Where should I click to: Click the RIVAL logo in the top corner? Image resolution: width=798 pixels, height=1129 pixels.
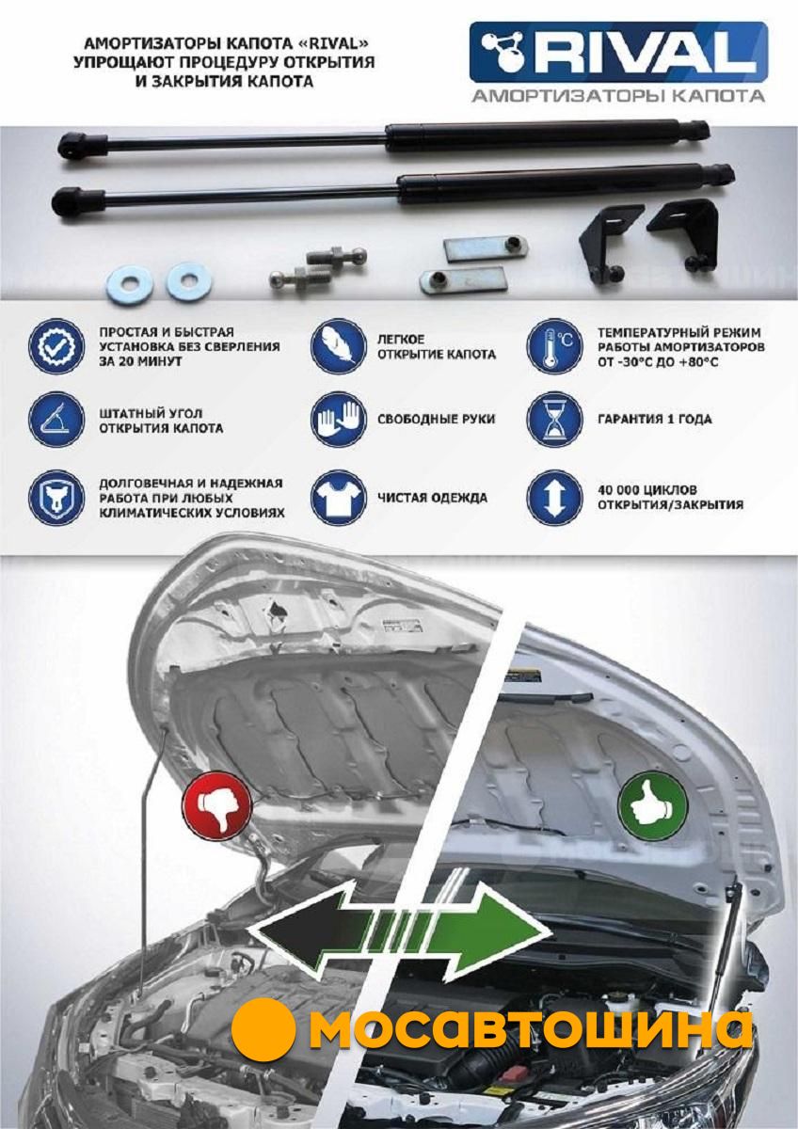pyautogui.click(x=618, y=52)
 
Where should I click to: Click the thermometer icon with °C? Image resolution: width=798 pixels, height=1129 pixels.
pyautogui.click(x=554, y=346)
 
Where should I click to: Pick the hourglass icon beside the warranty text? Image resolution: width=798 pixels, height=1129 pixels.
pyautogui.click(x=554, y=419)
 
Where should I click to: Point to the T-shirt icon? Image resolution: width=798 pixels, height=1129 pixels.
pyautogui.click(x=338, y=497)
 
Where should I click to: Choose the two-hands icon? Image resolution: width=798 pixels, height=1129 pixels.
pyautogui.click(x=338, y=419)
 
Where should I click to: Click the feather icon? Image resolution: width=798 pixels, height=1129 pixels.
pyautogui.click(x=338, y=346)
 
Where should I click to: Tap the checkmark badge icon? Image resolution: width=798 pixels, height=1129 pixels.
pyautogui.click(x=56, y=346)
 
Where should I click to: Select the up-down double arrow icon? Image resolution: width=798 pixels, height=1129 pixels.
pyautogui.click(x=554, y=497)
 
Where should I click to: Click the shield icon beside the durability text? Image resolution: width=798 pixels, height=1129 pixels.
pyautogui.click(x=56, y=497)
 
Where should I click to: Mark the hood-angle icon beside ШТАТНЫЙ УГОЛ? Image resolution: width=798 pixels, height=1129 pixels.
pyautogui.click(x=56, y=419)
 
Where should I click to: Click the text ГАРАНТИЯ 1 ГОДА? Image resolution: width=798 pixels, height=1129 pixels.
pyautogui.click(x=655, y=420)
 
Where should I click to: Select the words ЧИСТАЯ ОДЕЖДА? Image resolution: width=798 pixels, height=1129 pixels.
pyautogui.click(x=433, y=498)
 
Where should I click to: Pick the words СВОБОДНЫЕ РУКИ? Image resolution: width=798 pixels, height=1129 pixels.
pyautogui.click(x=436, y=420)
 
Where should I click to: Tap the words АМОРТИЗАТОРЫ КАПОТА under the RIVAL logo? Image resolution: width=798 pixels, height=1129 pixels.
pyautogui.click(x=618, y=96)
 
